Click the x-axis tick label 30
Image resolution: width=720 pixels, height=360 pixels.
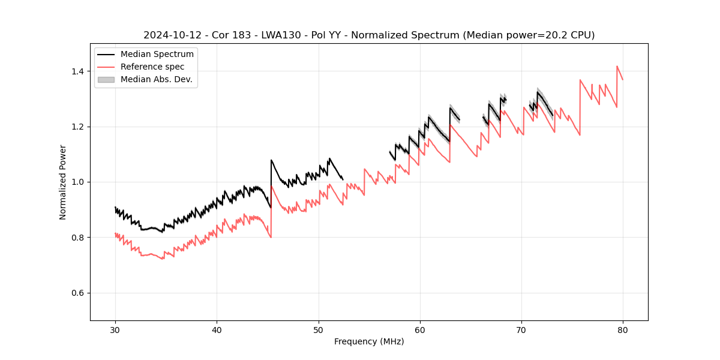coord(115,329)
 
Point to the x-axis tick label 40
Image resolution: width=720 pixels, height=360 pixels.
coord(217,329)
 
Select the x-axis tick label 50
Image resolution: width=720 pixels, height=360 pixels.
coord(318,329)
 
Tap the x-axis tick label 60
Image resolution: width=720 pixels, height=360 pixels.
coord(419,329)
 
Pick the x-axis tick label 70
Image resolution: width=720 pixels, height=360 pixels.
coord(521,329)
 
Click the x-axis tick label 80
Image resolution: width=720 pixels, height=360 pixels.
coord(622,329)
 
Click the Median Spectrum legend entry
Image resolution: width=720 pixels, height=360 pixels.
coord(157,55)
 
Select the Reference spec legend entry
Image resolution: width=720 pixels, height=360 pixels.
coord(152,67)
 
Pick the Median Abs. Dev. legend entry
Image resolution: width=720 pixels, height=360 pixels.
coord(156,79)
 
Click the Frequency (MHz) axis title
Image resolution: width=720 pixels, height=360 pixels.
coord(369,341)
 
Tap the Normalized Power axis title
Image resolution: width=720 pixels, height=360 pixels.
coord(63,182)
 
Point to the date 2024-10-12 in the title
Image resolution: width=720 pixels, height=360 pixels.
coord(172,35)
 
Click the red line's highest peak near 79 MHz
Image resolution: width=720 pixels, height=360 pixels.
coord(617,66)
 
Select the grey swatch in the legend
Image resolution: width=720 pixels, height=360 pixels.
coord(106,79)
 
